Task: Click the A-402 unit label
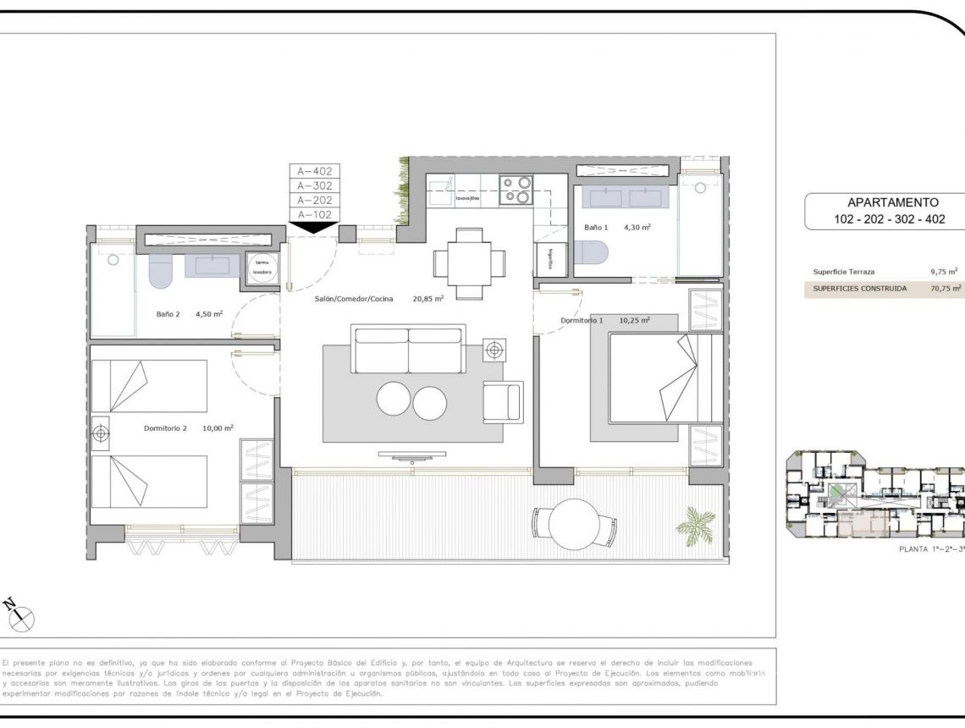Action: [x=315, y=171]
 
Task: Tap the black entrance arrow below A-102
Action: [x=315, y=226]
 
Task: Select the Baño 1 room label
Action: [x=596, y=227]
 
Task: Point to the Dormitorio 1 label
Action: [x=582, y=321]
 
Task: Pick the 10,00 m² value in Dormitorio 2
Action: [x=218, y=428]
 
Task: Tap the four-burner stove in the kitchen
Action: [x=515, y=190]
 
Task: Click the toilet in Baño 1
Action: [x=591, y=253]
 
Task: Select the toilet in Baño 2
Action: [x=161, y=271]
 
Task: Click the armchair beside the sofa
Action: [x=503, y=401]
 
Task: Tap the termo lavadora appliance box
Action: [x=262, y=267]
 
